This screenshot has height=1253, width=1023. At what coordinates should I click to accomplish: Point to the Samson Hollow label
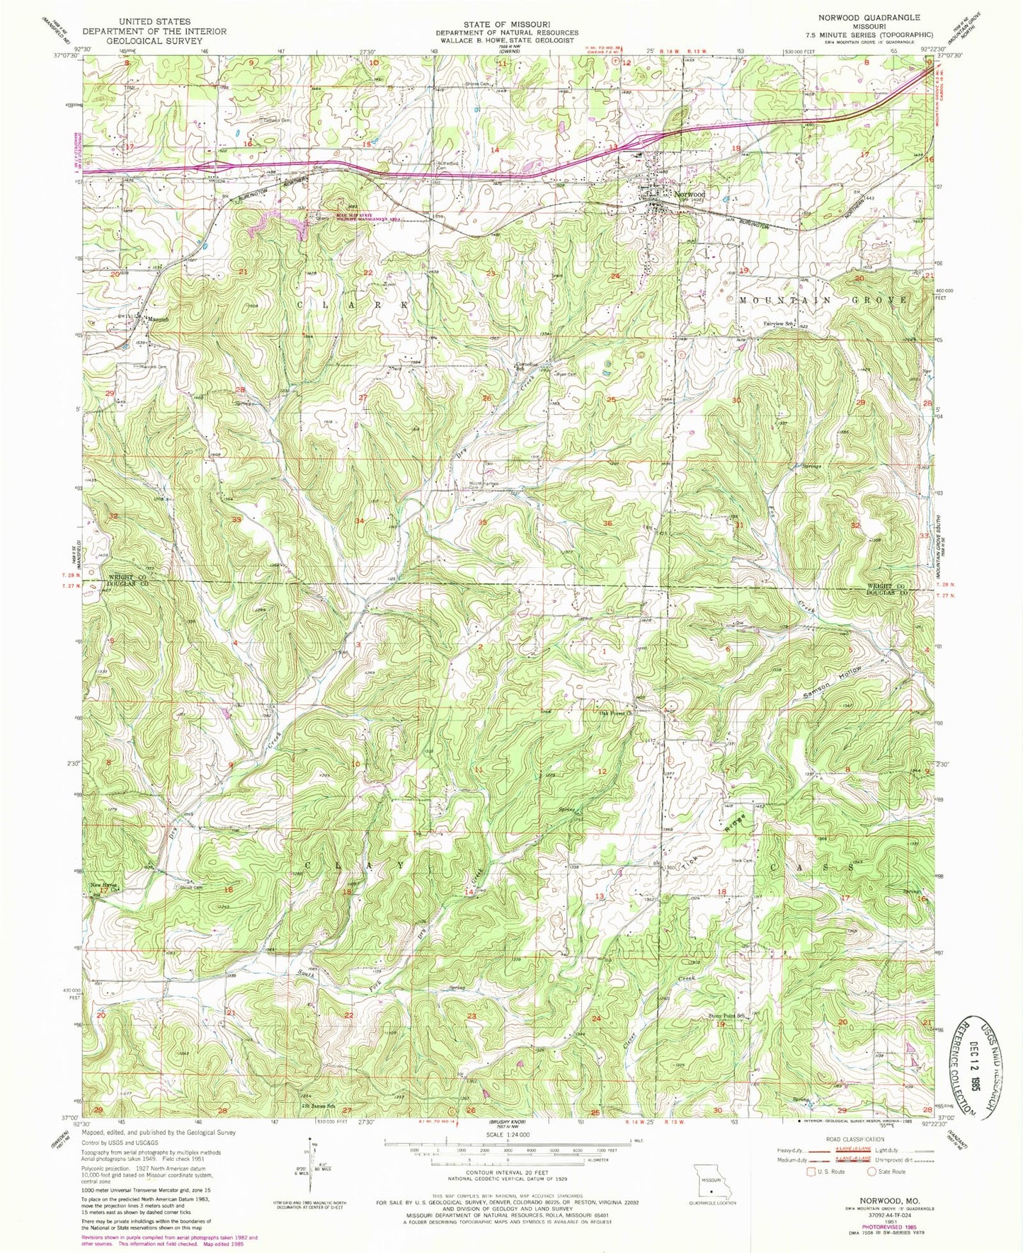click(x=834, y=685)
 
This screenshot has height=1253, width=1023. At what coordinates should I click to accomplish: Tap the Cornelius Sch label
click(x=522, y=367)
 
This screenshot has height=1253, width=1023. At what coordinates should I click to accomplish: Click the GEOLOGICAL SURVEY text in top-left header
click(x=154, y=41)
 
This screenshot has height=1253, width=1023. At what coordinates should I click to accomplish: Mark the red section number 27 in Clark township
click(x=363, y=398)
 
